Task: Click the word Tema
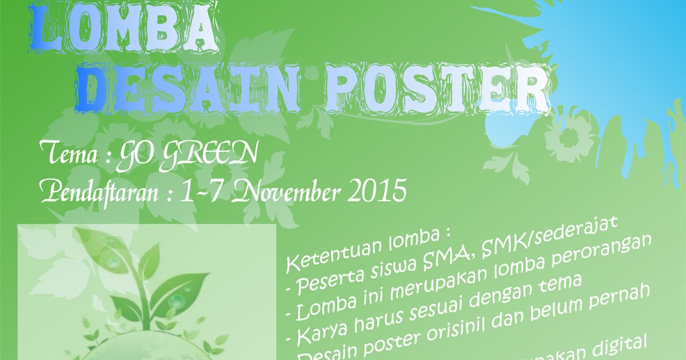67,153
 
